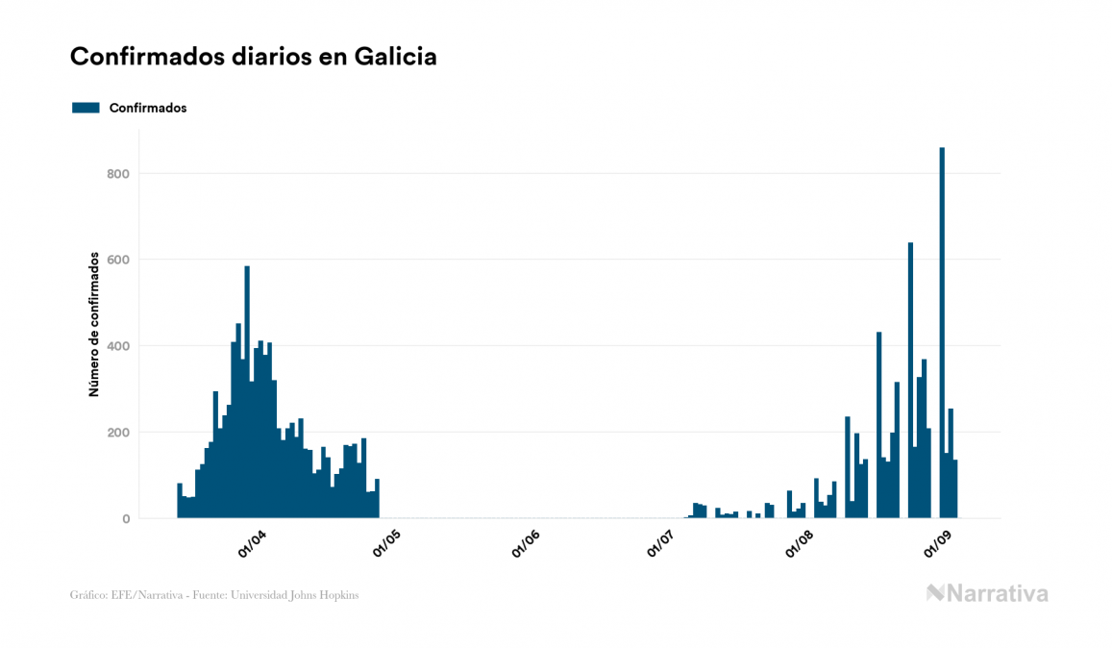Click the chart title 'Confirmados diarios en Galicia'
coord(254,57)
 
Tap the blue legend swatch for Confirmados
coord(86,108)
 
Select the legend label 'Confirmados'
coord(148,108)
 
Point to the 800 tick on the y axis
coord(119,174)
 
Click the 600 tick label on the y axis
coord(119,260)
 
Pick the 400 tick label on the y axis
coord(119,346)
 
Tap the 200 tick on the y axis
coord(119,433)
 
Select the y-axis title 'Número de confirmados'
coord(94,324)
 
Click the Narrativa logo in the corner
coord(987,593)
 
